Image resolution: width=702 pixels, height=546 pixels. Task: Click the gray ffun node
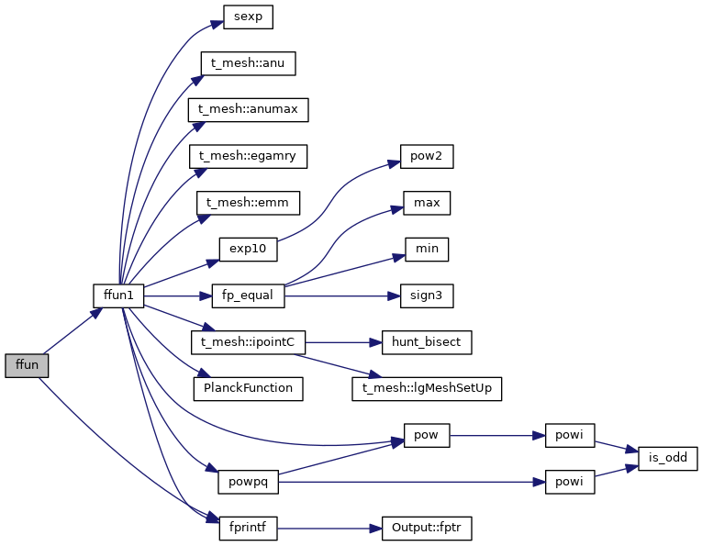click(x=27, y=364)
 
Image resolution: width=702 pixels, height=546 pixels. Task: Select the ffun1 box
click(x=118, y=295)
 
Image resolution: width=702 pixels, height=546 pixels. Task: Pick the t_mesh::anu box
click(x=248, y=63)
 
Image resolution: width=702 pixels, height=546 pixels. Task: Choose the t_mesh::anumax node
click(x=248, y=109)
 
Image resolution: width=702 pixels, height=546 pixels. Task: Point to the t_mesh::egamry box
click(x=248, y=156)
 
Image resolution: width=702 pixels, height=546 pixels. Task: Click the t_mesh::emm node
click(x=248, y=202)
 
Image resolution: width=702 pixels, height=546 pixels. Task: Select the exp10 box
click(x=248, y=249)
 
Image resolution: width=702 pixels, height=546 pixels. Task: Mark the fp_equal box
click(x=248, y=295)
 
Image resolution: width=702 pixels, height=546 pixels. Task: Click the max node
click(x=427, y=202)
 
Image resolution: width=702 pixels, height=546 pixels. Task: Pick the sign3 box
click(x=427, y=295)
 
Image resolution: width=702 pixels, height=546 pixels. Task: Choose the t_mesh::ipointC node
click(x=248, y=341)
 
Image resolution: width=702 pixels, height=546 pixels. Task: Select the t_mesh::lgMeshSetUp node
click(x=427, y=388)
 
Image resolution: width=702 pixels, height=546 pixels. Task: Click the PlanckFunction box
click(x=248, y=388)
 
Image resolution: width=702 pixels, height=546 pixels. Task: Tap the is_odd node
click(x=668, y=457)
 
